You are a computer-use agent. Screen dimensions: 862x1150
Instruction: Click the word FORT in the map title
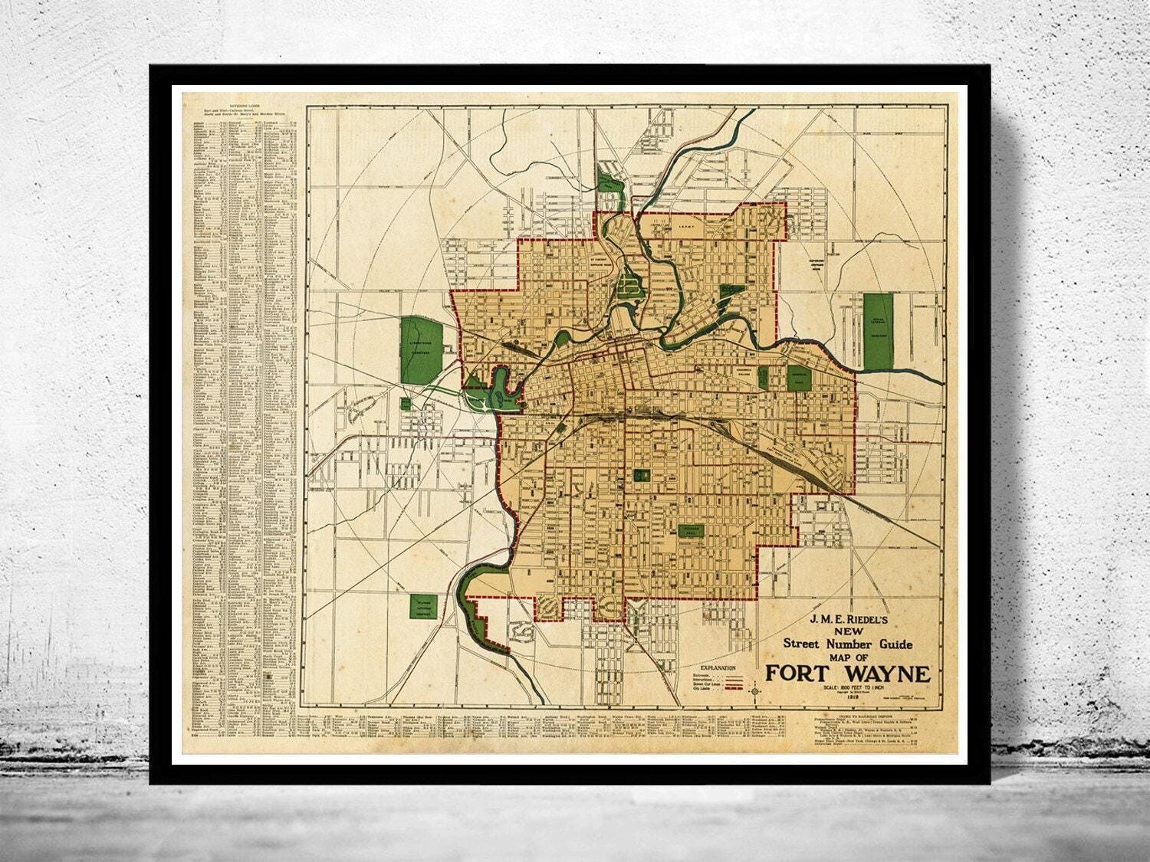point(803,674)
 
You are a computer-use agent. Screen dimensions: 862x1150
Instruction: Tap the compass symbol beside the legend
point(757,692)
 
